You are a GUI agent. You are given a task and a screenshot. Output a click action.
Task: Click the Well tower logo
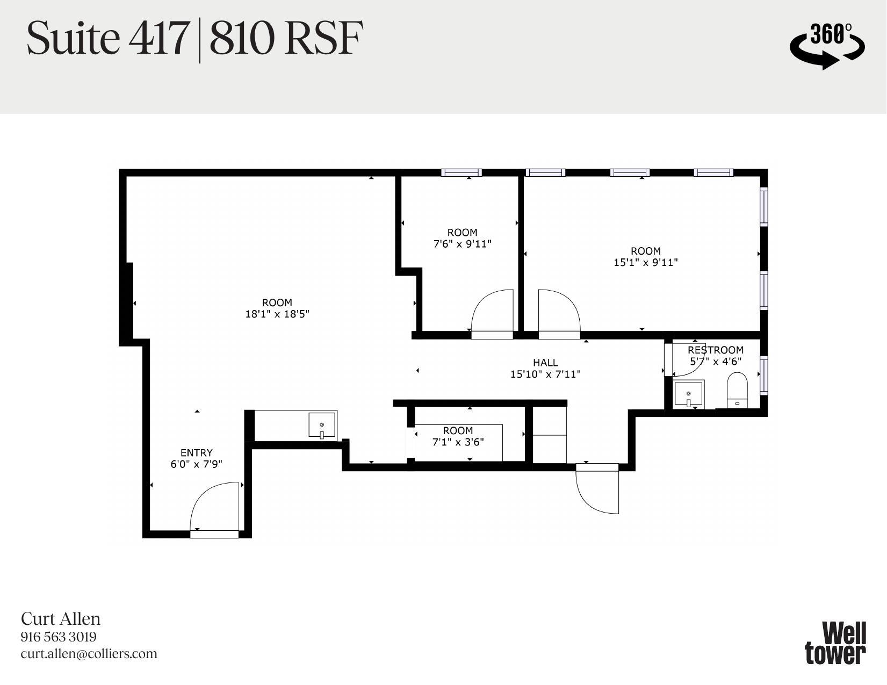pyautogui.click(x=835, y=643)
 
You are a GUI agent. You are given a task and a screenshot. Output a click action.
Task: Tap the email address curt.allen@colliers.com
pyautogui.click(x=89, y=654)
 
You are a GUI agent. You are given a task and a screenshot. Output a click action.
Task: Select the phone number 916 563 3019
pyautogui.click(x=59, y=637)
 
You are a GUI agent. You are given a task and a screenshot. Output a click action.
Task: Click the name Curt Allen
pyautogui.click(x=61, y=619)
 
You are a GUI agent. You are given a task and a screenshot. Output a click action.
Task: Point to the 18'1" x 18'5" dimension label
pyautogui.click(x=277, y=314)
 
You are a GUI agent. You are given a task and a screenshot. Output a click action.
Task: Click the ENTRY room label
pyautogui.click(x=196, y=452)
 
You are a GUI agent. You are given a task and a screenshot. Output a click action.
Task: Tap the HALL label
pyautogui.click(x=545, y=363)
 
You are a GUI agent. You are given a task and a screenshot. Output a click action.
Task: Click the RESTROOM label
pyautogui.click(x=715, y=350)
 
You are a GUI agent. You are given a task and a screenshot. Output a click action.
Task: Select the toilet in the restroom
pyautogui.click(x=737, y=391)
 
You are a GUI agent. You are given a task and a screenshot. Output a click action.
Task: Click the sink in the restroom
pyautogui.click(x=688, y=395)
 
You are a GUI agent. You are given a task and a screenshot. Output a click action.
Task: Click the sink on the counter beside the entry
pyautogui.click(x=322, y=425)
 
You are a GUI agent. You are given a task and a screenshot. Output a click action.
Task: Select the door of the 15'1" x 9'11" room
pyautogui.click(x=559, y=314)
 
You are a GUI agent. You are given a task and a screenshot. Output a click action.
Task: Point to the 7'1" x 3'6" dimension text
pyautogui.click(x=458, y=442)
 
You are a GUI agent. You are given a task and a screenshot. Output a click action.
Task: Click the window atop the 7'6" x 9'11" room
pyautogui.click(x=461, y=172)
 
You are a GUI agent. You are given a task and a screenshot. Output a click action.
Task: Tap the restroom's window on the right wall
pyautogui.click(x=763, y=375)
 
